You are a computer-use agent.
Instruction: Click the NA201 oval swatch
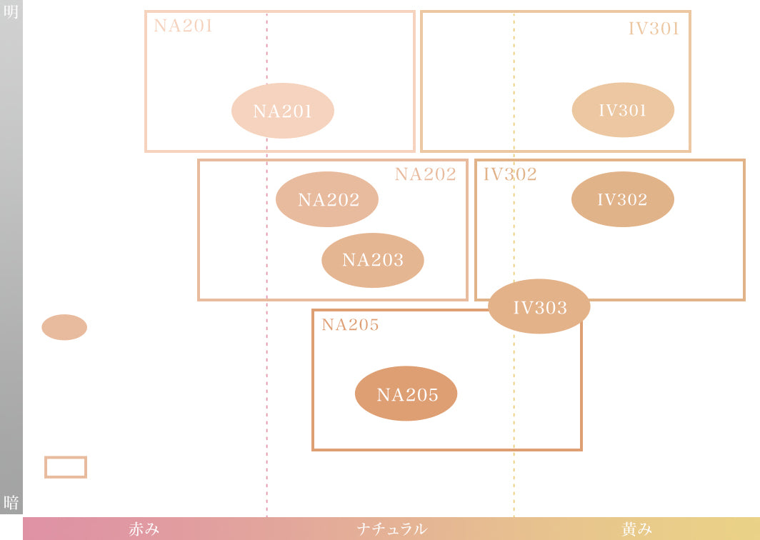click(283, 111)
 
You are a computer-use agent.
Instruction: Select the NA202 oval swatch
click(327, 199)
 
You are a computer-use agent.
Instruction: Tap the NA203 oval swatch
click(373, 260)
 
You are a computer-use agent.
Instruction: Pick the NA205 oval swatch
click(406, 394)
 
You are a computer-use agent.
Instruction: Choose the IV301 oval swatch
click(623, 110)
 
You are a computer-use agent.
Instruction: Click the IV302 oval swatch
click(623, 199)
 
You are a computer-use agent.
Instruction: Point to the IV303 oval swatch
click(539, 307)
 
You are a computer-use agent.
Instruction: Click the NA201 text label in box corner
click(184, 26)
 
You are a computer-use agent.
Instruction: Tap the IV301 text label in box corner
click(654, 29)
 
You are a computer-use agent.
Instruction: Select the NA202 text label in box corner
click(425, 174)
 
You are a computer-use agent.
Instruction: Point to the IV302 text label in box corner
click(510, 174)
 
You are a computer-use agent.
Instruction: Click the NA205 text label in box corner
click(350, 325)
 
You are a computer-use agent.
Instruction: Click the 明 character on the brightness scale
click(11, 12)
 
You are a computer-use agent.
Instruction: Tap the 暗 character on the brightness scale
click(11, 502)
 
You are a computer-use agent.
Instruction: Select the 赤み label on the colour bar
click(144, 529)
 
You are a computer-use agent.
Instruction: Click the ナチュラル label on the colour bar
click(391, 529)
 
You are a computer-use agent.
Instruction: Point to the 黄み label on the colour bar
click(636, 529)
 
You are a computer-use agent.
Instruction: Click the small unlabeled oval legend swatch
click(64, 327)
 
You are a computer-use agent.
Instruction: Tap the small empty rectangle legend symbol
click(66, 467)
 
